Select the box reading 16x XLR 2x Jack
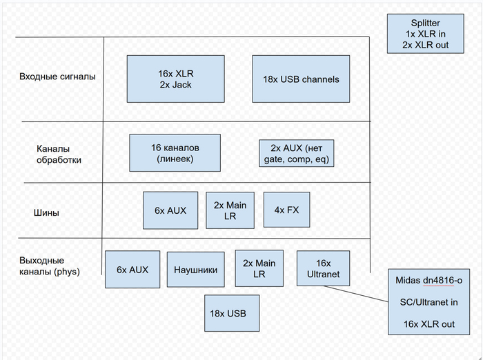(x=175, y=79)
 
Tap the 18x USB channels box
(x=301, y=79)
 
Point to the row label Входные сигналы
(x=57, y=77)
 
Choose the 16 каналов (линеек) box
(x=175, y=153)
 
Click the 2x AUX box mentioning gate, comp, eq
(x=296, y=153)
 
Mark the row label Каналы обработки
(x=59, y=154)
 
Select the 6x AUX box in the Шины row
(x=170, y=210)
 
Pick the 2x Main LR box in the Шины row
(x=230, y=210)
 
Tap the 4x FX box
(x=286, y=210)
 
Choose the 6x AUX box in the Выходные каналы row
(x=132, y=269)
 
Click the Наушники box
(x=196, y=270)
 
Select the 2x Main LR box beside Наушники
(x=259, y=268)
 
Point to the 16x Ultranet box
(x=318, y=269)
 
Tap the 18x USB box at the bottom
(x=232, y=313)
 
